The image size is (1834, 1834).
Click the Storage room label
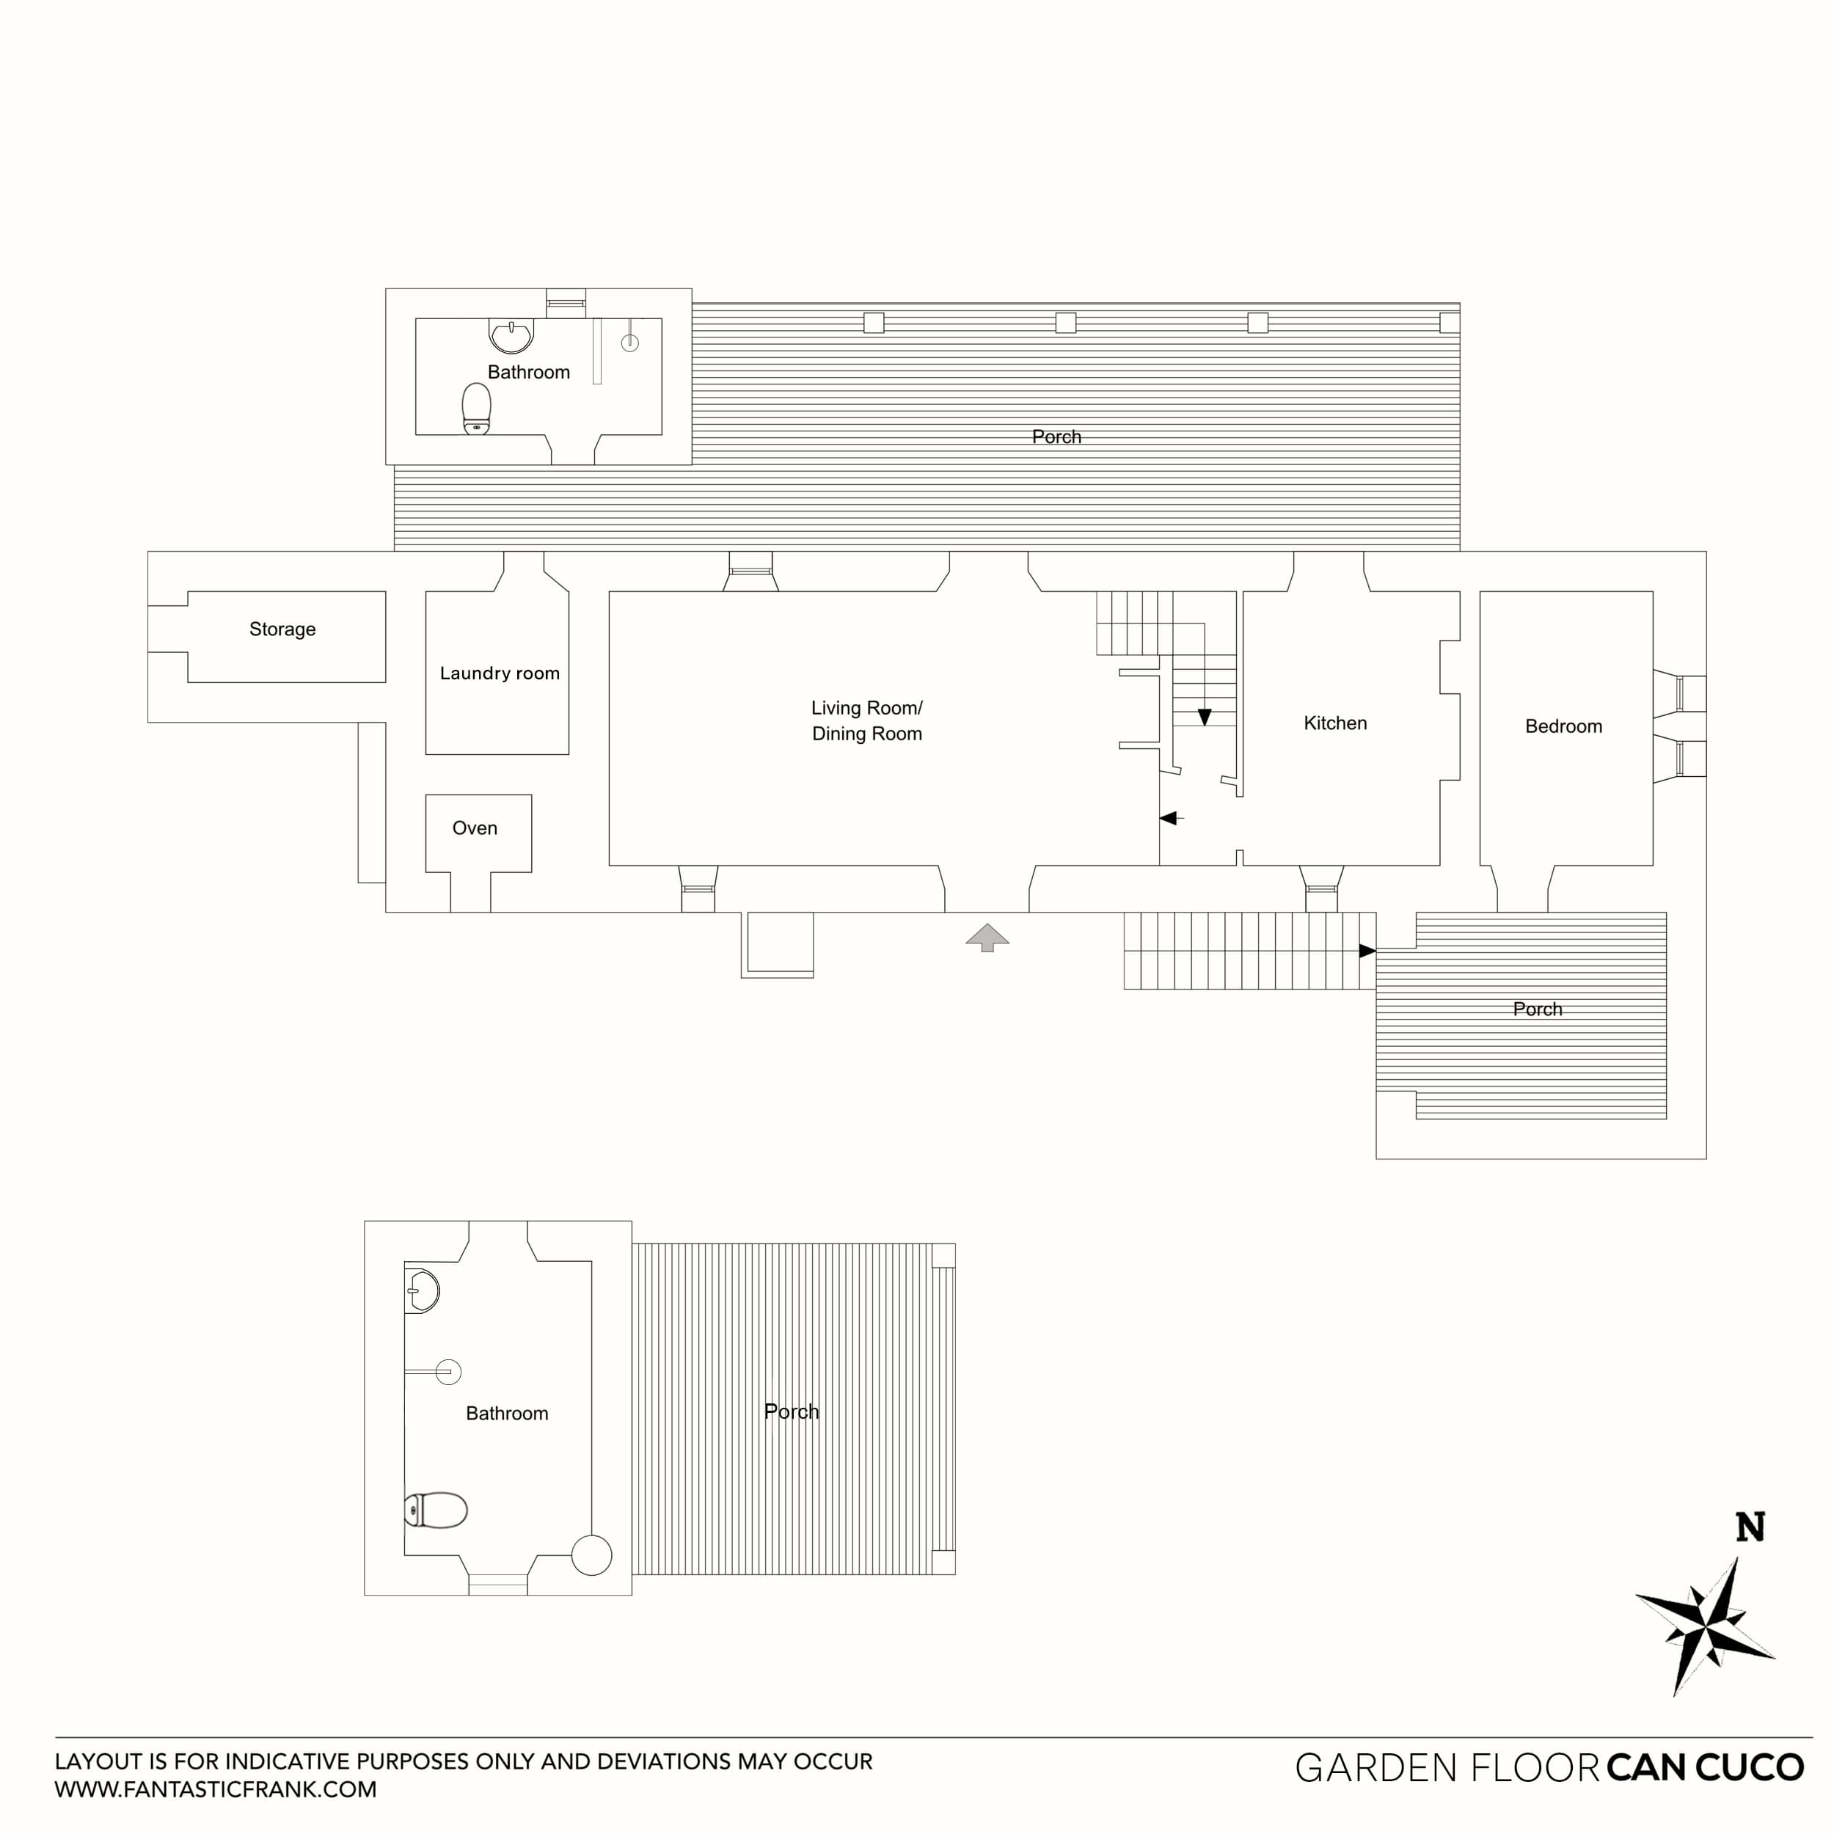282,629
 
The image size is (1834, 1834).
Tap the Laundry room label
500,673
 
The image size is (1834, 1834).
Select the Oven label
475,828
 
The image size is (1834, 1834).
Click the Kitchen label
1334,723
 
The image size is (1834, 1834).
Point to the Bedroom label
1563,726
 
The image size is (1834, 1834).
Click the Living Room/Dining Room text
866,720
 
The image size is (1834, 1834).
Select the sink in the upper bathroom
511,335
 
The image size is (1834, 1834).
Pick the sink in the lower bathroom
423,1291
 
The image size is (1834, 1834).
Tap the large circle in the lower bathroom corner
591,1555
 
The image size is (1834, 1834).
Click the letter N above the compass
1750,1527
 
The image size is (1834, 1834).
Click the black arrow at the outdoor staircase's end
1367,950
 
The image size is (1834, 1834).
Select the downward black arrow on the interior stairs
1204,717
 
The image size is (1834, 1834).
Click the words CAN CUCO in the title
1705,1767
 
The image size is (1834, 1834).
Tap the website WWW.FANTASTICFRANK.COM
216,1789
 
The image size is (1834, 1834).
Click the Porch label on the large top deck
1056,436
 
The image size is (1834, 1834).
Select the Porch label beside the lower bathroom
791,1411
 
